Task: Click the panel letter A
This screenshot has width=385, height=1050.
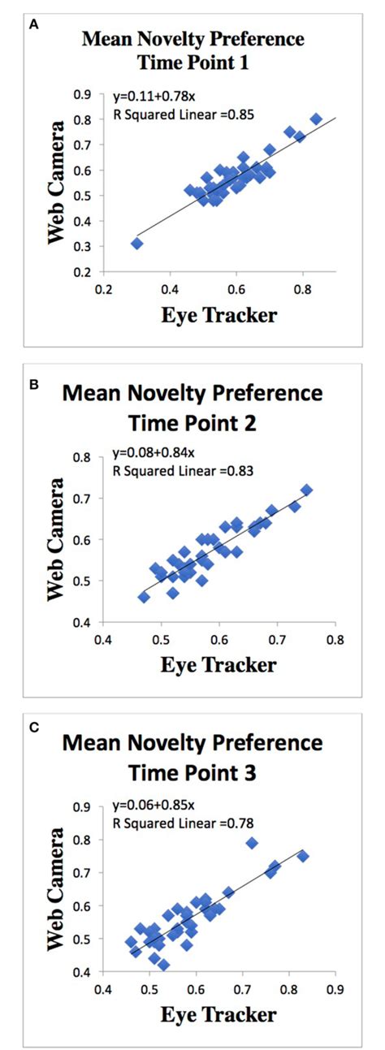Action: [x=32, y=25]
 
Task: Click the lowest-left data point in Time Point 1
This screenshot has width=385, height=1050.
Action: [x=137, y=243]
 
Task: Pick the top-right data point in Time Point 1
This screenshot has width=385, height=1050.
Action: [x=316, y=119]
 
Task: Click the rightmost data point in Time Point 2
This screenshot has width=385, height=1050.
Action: [x=306, y=490]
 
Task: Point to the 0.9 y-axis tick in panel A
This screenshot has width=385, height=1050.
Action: [x=81, y=94]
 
